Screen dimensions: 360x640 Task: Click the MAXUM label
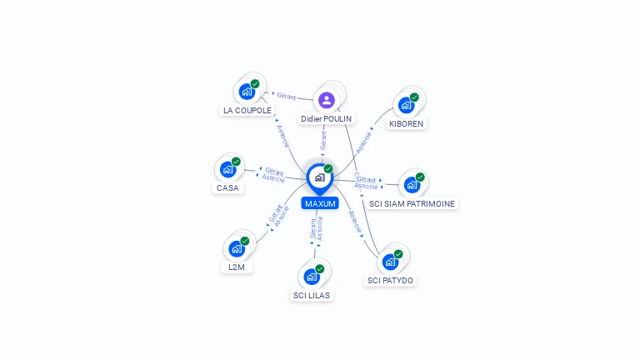320,203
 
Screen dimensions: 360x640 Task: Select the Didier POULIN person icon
327,101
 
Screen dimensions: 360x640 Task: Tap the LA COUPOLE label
247,110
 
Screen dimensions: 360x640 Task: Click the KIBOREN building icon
406,105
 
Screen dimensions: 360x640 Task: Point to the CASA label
227,187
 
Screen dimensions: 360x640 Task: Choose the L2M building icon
237,248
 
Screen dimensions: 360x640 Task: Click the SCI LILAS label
312,295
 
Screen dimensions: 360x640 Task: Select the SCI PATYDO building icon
390,262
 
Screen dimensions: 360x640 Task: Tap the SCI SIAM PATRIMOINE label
413,203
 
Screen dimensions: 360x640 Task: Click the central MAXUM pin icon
319,177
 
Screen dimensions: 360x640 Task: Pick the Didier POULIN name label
327,119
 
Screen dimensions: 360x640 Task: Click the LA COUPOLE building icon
247,91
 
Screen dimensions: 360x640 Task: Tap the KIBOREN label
406,123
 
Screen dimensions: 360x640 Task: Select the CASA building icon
227,169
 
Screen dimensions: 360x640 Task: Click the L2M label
237,267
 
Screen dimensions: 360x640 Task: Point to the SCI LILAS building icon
312,277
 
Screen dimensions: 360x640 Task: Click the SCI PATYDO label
390,280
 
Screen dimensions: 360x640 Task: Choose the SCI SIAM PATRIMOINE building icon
412,184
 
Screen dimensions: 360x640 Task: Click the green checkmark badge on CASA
236,162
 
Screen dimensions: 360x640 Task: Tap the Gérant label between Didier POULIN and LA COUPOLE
287,97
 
